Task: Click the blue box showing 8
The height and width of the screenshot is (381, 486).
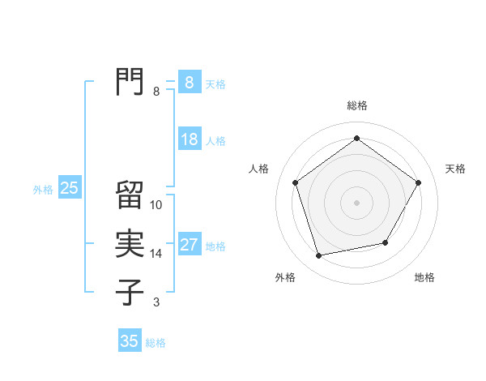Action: pyautogui.click(x=189, y=82)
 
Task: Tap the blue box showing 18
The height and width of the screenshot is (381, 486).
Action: pyautogui.click(x=189, y=139)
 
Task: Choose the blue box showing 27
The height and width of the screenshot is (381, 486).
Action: pyautogui.click(x=189, y=245)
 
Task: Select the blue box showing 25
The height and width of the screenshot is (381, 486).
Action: pyautogui.click(x=70, y=189)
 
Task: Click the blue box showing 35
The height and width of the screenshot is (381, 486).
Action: pyautogui.click(x=130, y=341)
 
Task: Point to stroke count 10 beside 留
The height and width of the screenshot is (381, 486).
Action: pyautogui.click(x=156, y=205)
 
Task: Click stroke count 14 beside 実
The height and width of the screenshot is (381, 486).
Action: pyautogui.click(x=156, y=254)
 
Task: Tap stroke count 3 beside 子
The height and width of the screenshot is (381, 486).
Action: pyautogui.click(x=156, y=302)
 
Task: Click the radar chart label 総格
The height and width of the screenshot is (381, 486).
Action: pyautogui.click(x=357, y=105)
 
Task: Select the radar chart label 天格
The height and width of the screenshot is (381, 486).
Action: pyautogui.click(x=456, y=169)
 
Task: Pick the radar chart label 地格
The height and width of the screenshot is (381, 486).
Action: pyautogui.click(x=424, y=277)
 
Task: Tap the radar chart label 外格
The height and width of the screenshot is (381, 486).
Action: pyautogui.click(x=285, y=277)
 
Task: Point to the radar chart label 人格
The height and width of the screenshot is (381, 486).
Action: pyautogui.click(x=258, y=169)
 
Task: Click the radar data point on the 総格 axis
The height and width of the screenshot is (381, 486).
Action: pyautogui.click(x=356, y=139)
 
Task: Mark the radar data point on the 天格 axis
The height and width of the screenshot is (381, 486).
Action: pyautogui.click(x=418, y=182)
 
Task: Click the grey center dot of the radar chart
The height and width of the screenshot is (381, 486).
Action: pyautogui.click(x=356, y=202)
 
